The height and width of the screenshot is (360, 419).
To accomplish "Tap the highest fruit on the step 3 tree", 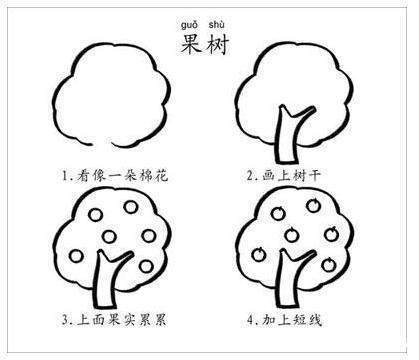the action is pos(128,206).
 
